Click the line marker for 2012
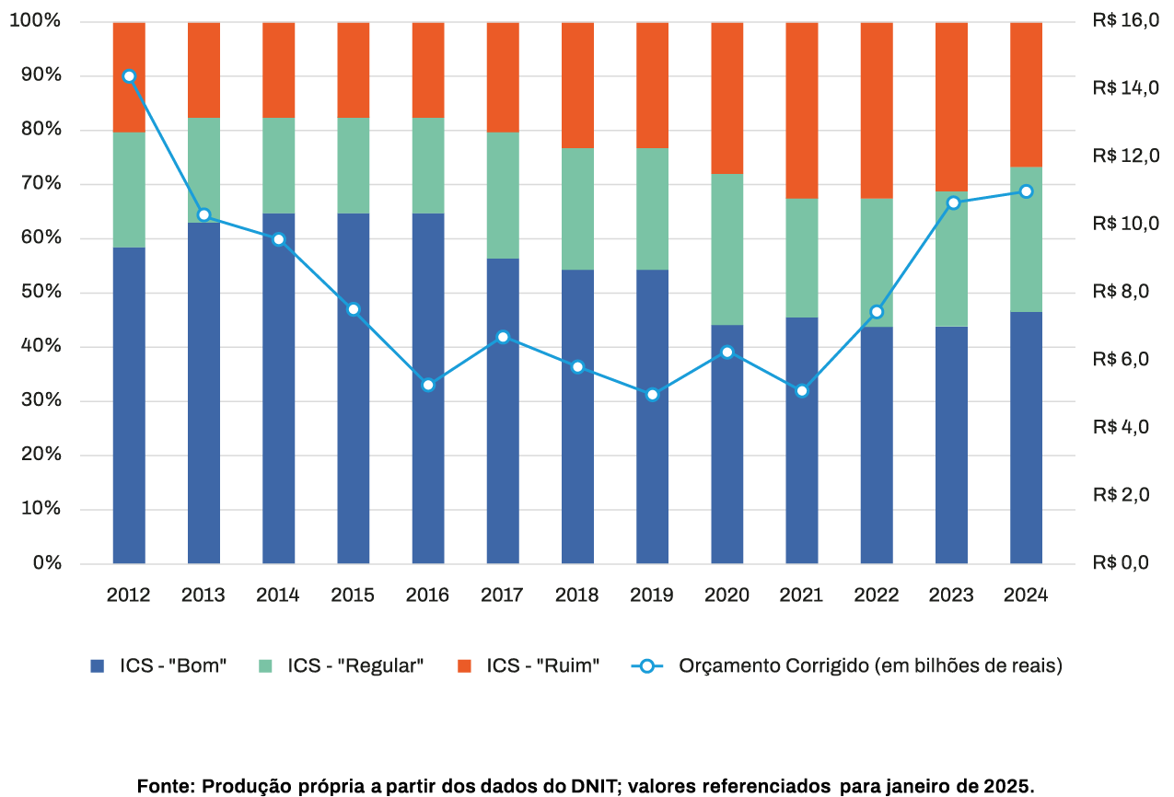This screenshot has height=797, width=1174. (x=129, y=76)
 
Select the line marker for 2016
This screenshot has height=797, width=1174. (x=428, y=385)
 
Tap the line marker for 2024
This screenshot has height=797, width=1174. (x=1026, y=191)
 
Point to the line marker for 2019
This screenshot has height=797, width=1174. (x=652, y=395)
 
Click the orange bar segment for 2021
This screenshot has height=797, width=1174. (x=802, y=110)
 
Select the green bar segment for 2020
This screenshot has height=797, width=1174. (x=727, y=248)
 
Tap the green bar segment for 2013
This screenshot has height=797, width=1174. (x=203, y=170)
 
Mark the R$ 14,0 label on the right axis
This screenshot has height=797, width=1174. (x=1125, y=88)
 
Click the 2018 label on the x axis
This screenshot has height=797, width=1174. (x=577, y=595)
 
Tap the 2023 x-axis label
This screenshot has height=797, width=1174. (x=951, y=595)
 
